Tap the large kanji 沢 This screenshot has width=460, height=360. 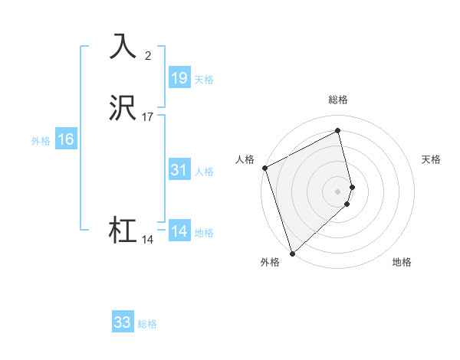point(123,110)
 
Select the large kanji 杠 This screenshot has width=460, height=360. point(123,231)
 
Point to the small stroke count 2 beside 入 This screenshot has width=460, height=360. point(148,55)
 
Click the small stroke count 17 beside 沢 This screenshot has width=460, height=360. point(148,117)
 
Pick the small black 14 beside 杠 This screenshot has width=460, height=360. point(148,239)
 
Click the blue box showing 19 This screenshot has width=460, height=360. point(179,78)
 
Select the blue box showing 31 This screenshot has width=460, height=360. point(179,171)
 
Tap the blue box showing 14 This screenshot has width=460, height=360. point(179,231)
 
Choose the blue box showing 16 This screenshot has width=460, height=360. point(66,139)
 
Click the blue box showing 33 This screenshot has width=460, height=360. point(123,322)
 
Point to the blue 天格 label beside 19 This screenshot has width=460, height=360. point(204,80)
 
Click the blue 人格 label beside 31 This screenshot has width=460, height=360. point(204,172)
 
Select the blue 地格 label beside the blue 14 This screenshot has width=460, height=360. point(204,233)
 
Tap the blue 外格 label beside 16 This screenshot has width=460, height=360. point(41,141)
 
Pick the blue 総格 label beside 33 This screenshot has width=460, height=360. point(147,324)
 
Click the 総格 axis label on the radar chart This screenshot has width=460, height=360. point(338,100)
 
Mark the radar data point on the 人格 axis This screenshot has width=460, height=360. point(264,168)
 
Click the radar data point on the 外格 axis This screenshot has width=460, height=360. point(292,253)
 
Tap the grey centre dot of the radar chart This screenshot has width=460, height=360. point(338,190)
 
